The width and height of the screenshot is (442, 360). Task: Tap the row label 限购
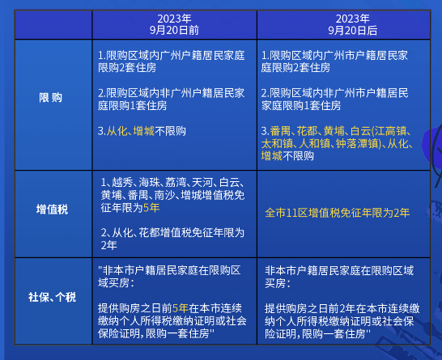click(50, 97)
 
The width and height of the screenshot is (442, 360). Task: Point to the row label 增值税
click(50, 209)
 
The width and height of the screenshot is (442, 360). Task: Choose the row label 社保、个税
click(50, 297)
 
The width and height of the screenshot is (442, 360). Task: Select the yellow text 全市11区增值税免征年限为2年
click(338, 213)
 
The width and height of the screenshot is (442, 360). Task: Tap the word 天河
click(204, 183)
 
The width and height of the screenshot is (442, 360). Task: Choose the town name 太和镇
click(275, 143)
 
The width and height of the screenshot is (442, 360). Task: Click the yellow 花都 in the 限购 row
click(308, 130)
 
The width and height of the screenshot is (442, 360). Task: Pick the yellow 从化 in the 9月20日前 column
click(117, 130)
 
